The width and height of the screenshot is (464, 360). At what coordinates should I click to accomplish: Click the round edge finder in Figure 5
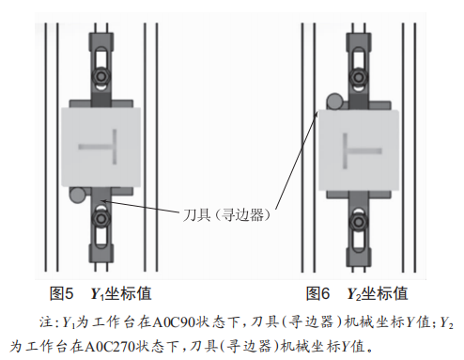click(77, 195)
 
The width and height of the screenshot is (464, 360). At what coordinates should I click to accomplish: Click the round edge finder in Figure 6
click(334, 102)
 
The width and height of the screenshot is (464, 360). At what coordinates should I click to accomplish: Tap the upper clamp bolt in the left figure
click(101, 76)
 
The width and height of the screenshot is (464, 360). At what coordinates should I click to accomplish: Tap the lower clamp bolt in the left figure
click(101, 219)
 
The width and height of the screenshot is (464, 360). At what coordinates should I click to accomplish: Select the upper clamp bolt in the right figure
click(358, 76)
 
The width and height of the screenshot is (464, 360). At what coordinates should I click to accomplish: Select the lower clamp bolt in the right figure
click(358, 222)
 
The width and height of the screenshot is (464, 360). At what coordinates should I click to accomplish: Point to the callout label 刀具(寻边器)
click(226, 215)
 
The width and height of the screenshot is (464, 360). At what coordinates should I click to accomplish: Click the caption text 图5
click(61, 294)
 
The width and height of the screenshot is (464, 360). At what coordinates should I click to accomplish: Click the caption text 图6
click(318, 294)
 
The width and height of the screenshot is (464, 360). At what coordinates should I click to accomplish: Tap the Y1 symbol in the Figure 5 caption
click(98, 294)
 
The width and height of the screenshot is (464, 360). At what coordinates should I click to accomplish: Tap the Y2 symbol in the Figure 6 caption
click(354, 294)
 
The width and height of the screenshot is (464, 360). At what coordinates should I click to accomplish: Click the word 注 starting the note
click(45, 322)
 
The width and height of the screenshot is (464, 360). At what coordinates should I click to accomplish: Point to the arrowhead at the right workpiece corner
click(317, 114)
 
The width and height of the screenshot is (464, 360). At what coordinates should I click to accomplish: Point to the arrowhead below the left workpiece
click(103, 201)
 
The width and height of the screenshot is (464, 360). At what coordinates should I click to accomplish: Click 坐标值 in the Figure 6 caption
click(385, 294)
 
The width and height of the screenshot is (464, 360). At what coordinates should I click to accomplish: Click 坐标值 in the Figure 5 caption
click(128, 294)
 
